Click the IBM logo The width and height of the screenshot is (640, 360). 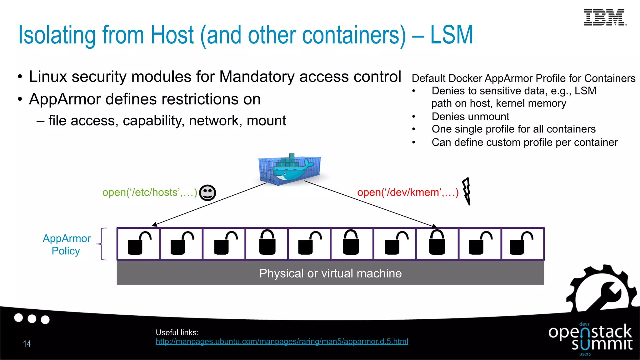pos(605,17)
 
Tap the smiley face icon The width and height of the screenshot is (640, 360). pos(207,192)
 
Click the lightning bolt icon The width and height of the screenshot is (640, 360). pos(467,191)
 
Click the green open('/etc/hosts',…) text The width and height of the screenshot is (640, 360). pos(150,192)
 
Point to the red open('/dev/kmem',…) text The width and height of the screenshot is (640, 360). pos(407,192)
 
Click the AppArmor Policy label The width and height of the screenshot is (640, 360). pos(66,244)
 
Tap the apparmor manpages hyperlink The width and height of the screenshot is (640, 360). pos(282,342)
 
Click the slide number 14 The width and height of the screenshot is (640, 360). pos(27,344)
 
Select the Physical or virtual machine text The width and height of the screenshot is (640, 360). pos(330,273)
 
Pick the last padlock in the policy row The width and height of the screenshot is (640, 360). pos(521,244)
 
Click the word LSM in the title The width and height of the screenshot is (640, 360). pos(451,35)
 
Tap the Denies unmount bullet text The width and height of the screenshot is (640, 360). pos(470,117)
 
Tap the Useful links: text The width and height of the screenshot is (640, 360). pos(177,332)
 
